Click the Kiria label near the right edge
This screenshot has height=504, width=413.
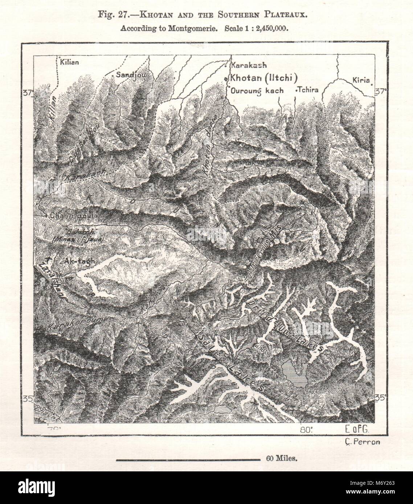click(x=361, y=80)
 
